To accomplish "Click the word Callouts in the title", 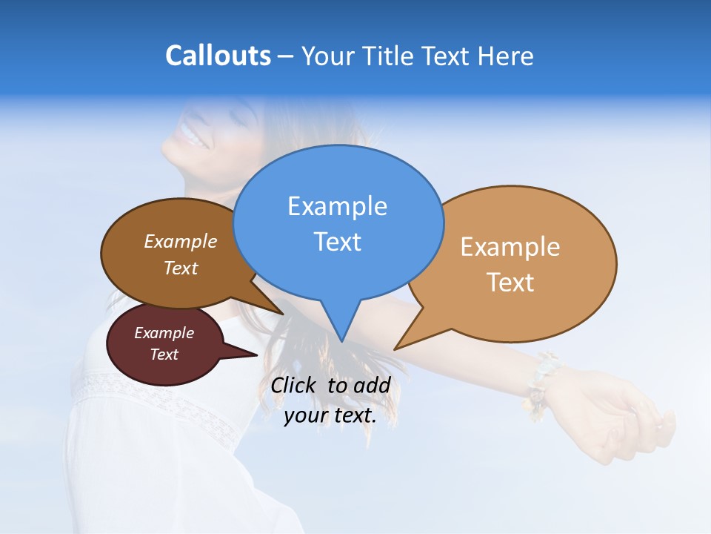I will (218, 56).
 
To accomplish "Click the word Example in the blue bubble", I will (337, 206).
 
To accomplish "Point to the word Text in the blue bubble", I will (337, 242).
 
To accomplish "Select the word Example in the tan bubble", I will (510, 247).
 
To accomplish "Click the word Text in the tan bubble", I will (510, 283).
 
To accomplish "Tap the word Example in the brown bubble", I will (181, 241).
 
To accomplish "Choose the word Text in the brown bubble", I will (181, 268).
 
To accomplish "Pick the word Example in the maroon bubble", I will (164, 333).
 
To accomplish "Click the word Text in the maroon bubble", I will (164, 355).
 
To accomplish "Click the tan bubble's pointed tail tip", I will (395, 349).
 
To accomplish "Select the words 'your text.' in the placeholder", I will (330, 416).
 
